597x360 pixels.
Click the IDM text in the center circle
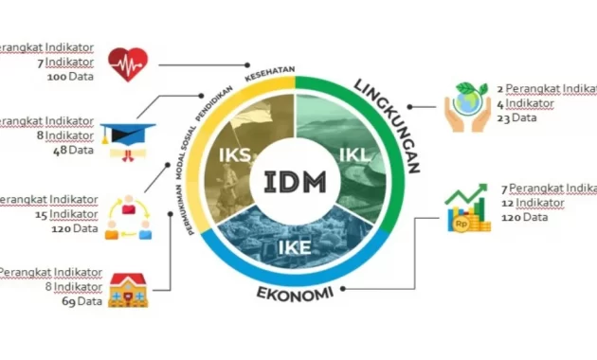297,179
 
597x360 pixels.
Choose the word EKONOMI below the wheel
295,293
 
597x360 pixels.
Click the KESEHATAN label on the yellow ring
270,73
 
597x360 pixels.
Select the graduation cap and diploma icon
128,138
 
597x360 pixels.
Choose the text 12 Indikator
534,202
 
